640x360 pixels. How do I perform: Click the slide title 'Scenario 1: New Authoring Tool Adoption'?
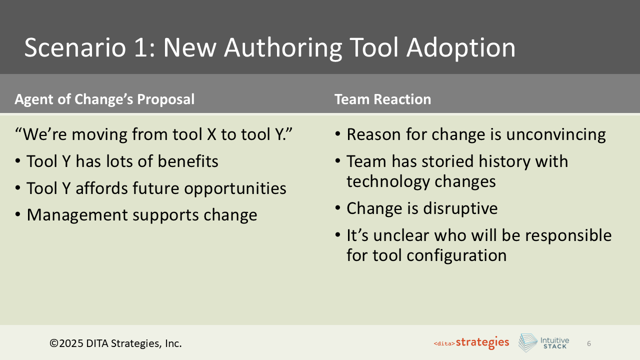[270, 48]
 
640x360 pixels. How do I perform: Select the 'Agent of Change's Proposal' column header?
[104, 99]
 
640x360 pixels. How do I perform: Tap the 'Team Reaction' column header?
[382, 99]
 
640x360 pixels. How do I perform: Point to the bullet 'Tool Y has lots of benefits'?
[122, 161]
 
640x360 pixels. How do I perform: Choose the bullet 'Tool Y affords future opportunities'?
[156, 188]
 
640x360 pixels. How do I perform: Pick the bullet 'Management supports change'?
[141, 215]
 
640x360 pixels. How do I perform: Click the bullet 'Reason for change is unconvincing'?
[476, 134]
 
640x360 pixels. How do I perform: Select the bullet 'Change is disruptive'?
[422, 208]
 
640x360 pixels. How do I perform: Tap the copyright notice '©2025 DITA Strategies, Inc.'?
[115, 343]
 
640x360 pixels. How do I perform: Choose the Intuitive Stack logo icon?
[527, 342]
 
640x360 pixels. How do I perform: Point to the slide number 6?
[589, 343]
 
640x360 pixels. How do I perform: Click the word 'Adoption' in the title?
[461, 48]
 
